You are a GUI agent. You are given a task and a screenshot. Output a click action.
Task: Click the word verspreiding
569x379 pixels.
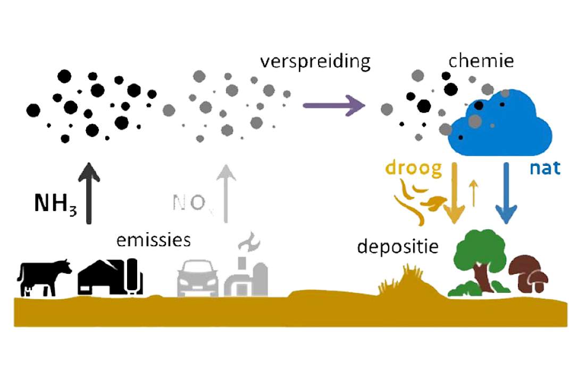(315, 62)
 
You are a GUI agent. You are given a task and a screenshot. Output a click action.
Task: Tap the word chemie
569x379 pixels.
(481, 61)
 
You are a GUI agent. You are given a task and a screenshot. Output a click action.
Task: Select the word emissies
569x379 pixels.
(154, 240)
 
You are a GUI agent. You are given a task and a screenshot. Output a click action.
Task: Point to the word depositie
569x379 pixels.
(398, 247)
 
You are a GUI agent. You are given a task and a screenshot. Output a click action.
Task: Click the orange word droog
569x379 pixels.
(414, 169)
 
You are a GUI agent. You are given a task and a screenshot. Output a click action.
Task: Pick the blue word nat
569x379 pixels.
(545, 169)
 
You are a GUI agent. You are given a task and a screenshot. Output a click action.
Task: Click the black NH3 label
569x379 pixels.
(55, 204)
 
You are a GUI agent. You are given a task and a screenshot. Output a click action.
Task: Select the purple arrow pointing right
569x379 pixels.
(334, 106)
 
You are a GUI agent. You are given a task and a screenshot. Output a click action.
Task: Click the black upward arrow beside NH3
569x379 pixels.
(89, 193)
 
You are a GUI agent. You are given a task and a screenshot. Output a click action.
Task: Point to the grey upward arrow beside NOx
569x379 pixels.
(226, 193)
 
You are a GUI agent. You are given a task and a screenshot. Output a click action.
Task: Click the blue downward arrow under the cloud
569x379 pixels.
(506, 193)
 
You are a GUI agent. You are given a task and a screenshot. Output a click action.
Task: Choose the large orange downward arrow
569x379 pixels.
(454, 193)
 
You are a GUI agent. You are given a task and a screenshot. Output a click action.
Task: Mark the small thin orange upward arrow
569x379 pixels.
(473, 193)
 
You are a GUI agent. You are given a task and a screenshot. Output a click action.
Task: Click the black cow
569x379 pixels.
(44, 277)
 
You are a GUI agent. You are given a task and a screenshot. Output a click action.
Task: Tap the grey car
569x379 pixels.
(198, 278)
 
